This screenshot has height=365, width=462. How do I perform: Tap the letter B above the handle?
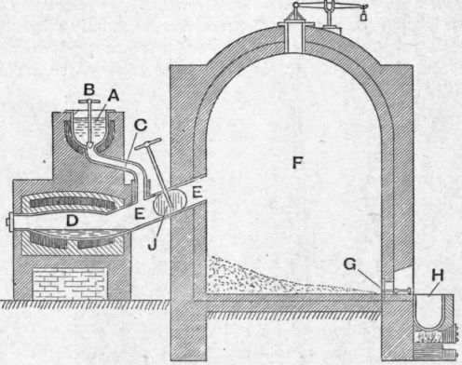(90, 89)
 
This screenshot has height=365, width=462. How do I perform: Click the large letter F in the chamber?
(298, 163)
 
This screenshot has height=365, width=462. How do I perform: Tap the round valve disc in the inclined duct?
(166, 203)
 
